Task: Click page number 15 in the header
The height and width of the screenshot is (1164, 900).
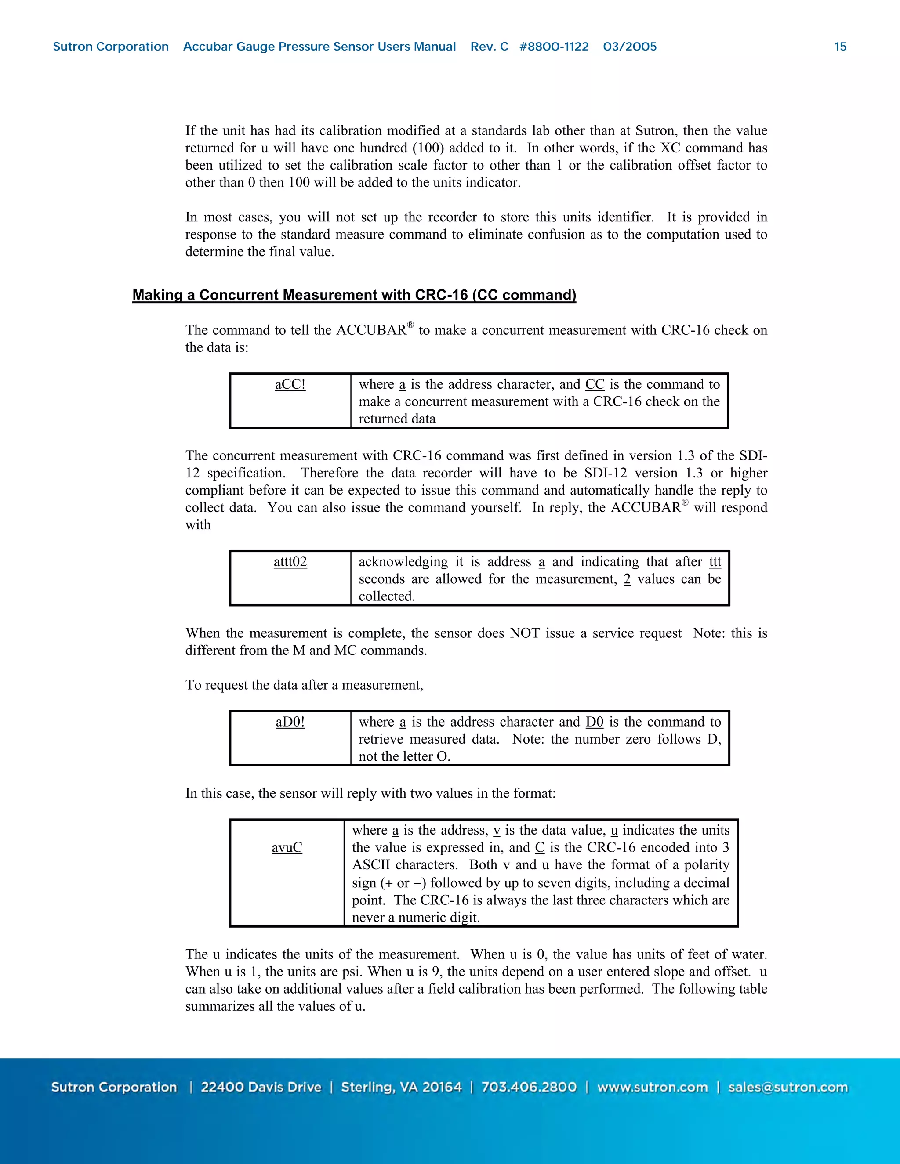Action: click(840, 47)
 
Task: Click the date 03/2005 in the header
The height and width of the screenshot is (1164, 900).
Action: click(630, 47)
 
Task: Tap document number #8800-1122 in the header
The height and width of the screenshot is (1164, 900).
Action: click(554, 47)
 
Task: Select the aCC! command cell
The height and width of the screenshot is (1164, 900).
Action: click(290, 384)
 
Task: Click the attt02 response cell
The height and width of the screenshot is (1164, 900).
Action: click(290, 562)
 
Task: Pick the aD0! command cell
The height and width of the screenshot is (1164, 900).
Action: click(290, 722)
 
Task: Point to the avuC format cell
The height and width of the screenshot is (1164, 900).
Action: click(287, 847)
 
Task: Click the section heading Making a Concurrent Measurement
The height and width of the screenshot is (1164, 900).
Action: click(354, 295)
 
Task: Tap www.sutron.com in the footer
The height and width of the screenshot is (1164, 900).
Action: click(652, 1087)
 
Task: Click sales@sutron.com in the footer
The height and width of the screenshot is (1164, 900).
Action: click(787, 1087)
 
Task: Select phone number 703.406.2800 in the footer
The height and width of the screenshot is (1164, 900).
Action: click(529, 1087)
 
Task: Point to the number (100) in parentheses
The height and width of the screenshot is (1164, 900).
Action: click(428, 148)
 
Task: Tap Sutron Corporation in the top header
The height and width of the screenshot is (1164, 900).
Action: click(111, 47)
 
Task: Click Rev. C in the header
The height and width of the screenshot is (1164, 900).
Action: click(489, 47)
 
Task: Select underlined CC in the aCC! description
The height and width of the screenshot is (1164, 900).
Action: click(595, 384)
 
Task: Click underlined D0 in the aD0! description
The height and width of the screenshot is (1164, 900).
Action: click(595, 722)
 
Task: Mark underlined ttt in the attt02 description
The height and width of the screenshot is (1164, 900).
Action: click(715, 562)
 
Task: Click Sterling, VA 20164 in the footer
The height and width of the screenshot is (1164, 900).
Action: click(401, 1087)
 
